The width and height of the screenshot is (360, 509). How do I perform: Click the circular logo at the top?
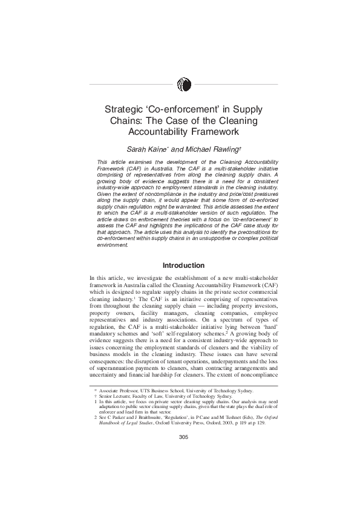pyautogui.click(x=185, y=85)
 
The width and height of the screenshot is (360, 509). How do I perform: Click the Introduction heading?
pyautogui.click(x=184, y=265)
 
